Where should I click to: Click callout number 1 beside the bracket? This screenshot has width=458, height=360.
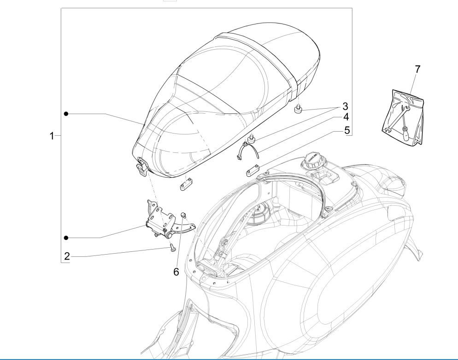53,136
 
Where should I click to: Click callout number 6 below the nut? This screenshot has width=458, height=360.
176,272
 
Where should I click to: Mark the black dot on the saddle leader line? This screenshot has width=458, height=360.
66,113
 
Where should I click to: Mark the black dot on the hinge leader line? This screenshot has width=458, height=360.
66,238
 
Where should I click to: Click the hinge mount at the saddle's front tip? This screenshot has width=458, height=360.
141,165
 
